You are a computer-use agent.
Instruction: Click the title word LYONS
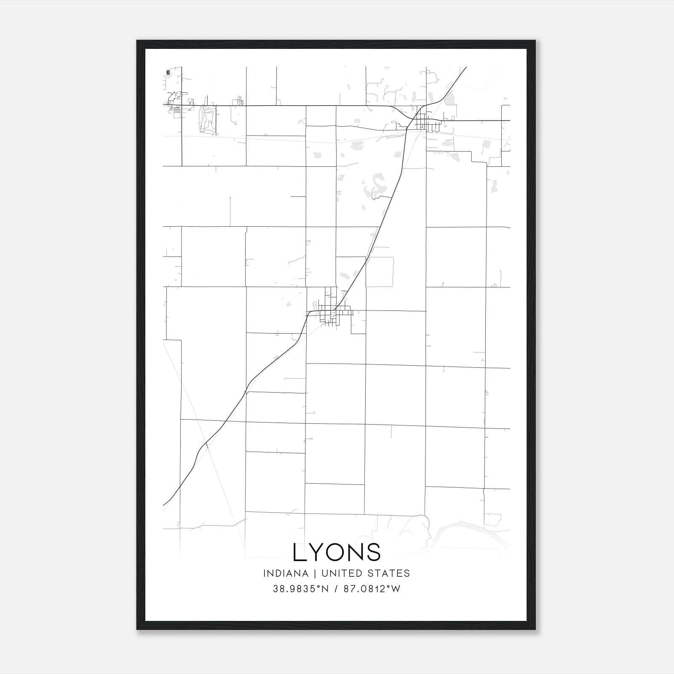click(337, 552)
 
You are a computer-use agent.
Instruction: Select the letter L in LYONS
click(300, 552)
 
